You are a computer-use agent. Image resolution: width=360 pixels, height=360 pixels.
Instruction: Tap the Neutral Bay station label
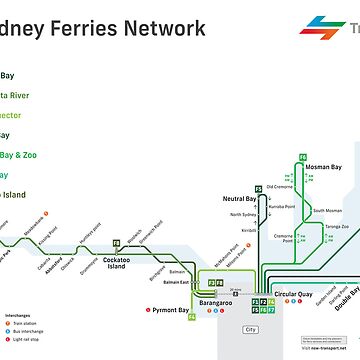[x=243, y=199]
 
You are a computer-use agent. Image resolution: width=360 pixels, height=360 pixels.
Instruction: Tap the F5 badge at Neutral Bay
[x=258, y=189]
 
